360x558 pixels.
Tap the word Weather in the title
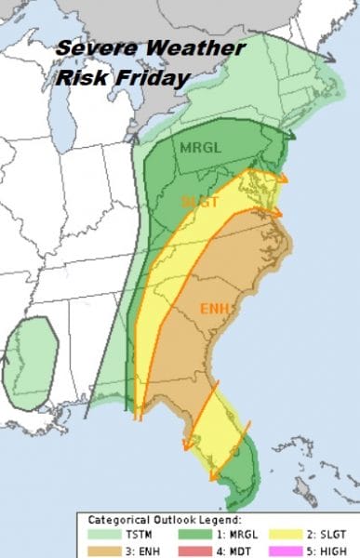click(196, 49)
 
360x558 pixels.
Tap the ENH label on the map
click(215, 308)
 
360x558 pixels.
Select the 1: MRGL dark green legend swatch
click(195, 534)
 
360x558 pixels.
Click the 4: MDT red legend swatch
click(195, 549)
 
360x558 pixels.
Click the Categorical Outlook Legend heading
click(165, 519)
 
